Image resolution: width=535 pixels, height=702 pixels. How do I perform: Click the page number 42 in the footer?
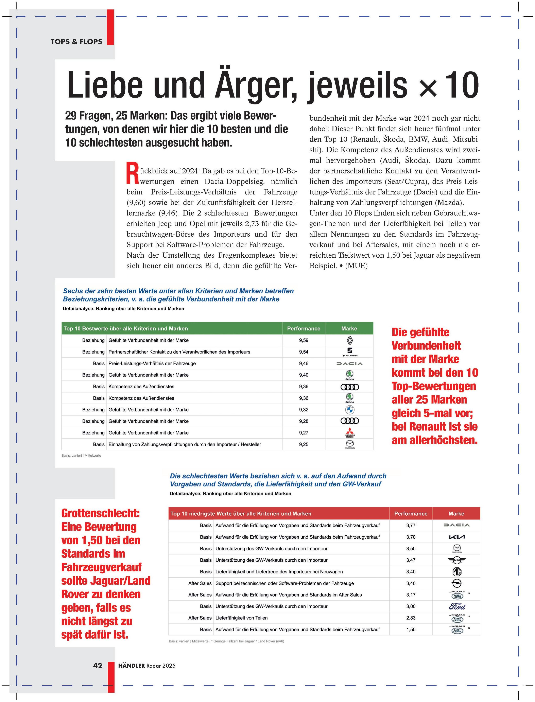pos(98,665)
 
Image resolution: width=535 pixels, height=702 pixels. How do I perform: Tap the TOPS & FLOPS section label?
pos(76,42)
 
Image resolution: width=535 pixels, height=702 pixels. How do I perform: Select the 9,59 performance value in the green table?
pos(304,340)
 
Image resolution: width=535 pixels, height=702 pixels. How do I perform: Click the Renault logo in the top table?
pos(349,340)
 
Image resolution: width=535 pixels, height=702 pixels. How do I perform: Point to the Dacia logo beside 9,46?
pos(349,363)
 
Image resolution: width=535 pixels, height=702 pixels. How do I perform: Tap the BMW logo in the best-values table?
pos(349,410)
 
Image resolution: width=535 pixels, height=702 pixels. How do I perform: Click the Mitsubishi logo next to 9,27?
pos(349,432)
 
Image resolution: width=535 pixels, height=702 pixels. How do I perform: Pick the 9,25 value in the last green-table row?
pos(304,444)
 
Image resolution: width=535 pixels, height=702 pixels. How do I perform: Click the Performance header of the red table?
pos(411,513)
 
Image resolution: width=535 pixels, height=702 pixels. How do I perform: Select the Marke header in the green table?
pos(349,328)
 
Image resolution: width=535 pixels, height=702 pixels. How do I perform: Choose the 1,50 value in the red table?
pos(411,629)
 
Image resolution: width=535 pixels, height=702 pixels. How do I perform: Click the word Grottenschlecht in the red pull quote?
pos(100,513)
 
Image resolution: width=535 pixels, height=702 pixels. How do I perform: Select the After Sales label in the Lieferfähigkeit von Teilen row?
pos(200,618)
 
